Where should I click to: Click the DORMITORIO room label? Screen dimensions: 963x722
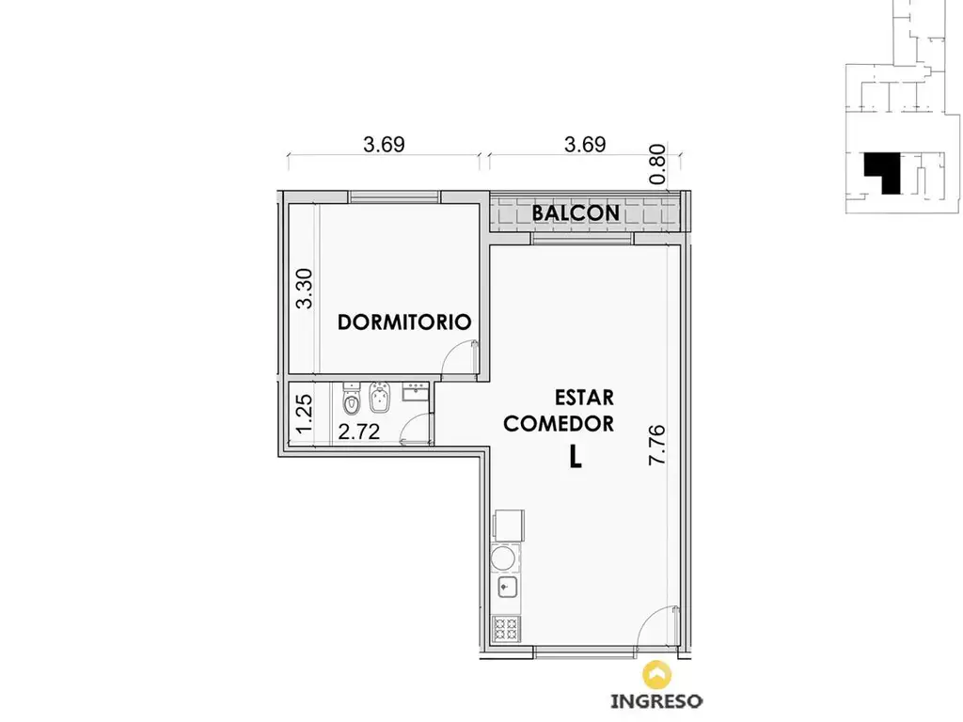[x=404, y=322]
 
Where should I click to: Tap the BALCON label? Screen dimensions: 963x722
[x=576, y=213]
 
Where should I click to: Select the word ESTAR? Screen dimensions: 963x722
[x=584, y=398]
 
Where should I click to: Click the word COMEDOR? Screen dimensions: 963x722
[x=559, y=424]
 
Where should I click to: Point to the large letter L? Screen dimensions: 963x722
[x=575, y=457]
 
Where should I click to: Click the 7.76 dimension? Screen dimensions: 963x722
[x=656, y=445]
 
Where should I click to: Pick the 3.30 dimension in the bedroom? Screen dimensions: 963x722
[x=304, y=289]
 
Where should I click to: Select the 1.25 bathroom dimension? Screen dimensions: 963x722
[x=304, y=415]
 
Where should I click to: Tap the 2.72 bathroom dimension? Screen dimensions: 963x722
[x=358, y=432]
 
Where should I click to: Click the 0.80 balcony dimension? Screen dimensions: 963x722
[x=657, y=164]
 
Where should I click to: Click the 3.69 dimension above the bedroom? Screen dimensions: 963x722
[x=384, y=144]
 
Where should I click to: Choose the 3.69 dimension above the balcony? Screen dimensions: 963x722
[x=585, y=144]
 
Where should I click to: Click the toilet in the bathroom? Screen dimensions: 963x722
[x=352, y=399]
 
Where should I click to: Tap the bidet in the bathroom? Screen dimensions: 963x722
[x=380, y=398]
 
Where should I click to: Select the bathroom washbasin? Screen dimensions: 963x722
[x=416, y=392]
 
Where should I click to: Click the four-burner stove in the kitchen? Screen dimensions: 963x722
[x=507, y=629]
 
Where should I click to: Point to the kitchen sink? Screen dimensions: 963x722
[x=507, y=588]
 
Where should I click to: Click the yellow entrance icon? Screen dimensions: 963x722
[x=656, y=674]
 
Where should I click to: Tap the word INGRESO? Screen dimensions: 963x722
[x=656, y=701]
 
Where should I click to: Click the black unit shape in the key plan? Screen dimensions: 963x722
[x=882, y=173]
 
